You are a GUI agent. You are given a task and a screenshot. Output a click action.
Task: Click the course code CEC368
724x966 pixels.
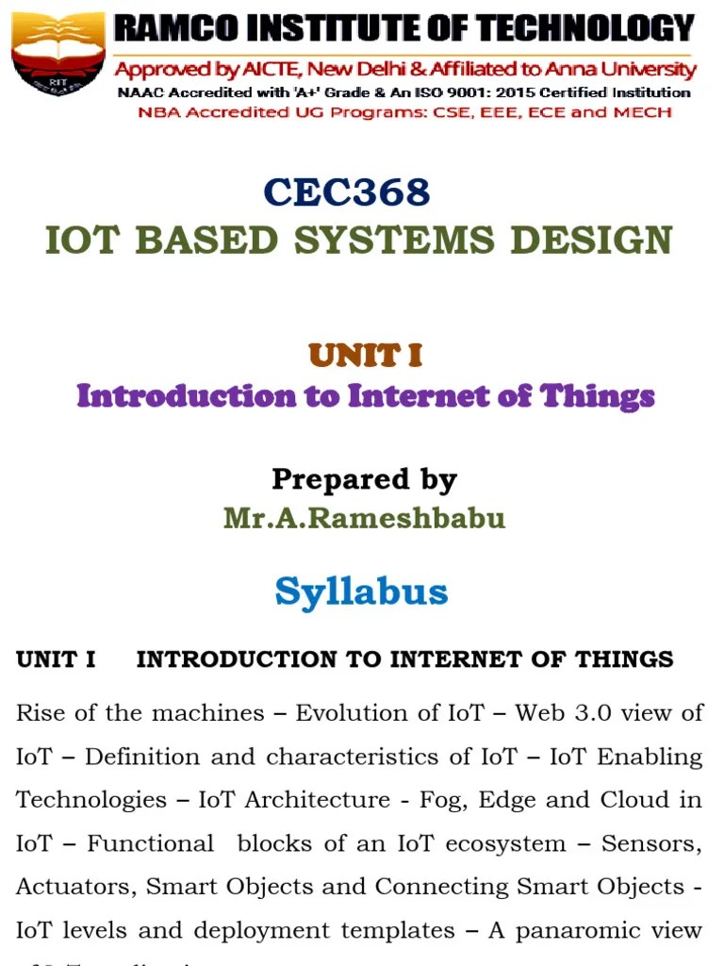pyautogui.click(x=347, y=192)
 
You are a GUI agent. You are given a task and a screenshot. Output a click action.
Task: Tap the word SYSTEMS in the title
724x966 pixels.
pyautogui.click(x=394, y=240)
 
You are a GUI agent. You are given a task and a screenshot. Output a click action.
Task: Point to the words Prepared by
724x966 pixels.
pyautogui.click(x=364, y=479)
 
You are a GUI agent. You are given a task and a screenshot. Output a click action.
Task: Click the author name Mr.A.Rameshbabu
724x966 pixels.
pyautogui.click(x=364, y=518)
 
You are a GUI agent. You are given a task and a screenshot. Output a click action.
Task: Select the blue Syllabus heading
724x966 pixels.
pyautogui.click(x=361, y=591)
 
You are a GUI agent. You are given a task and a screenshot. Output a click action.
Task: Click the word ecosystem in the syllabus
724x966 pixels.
pyautogui.click(x=530, y=843)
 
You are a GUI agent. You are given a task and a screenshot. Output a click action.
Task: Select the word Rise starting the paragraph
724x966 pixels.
pyautogui.click(x=41, y=712)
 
